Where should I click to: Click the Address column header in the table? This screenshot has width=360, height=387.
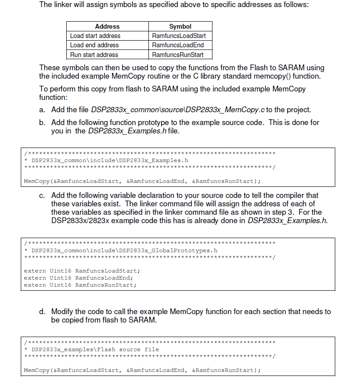coord(107,27)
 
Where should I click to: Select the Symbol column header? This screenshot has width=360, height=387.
coord(180,27)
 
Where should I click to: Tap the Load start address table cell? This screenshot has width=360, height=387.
coord(95,36)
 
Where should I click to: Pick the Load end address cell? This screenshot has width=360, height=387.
coord(94,45)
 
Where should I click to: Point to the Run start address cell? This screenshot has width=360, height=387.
coord(94,55)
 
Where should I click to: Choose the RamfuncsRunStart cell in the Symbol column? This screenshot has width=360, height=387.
coord(178,55)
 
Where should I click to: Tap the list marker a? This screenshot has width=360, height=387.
coord(42,110)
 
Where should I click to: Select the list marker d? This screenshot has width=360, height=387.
coord(42,312)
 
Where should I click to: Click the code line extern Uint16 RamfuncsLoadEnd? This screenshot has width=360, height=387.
coord(78,278)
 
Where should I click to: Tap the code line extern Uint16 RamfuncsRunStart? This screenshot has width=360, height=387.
coord(80,285)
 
